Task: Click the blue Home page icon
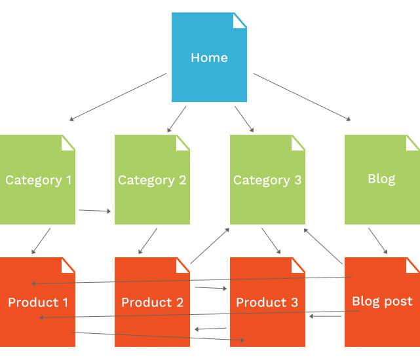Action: pyautogui.click(x=209, y=58)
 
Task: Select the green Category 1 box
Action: pyautogui.click(x=37, y=179)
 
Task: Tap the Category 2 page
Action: pyautogui.click(x=152, y=179)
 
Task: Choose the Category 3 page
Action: pyautogui.click(x=267, y=179)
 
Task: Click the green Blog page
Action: pyautogui.click(x=382, y=179)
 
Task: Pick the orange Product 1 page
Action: pyautogui.click(x=37, y=302)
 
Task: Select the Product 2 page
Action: pyautogui.click(x=152, y=302)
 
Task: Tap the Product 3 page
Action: pyautogui.click(x=267, y=302)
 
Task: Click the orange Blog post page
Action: pyautogui.click(x=382, y=302)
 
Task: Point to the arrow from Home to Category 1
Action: pyautogui.click(x=118, y=97)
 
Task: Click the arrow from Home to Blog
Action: pyautogui.click(x=302, y=97)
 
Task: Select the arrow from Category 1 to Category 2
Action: pyautogui.click(x=95, y=211)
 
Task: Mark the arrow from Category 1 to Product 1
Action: pyautogui.click(x=41, y=240)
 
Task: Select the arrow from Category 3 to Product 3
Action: pyautogui.click(x=271, y=240)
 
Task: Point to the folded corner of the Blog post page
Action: pyautogui.click(x=412, y=265)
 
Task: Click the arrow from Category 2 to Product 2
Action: pyautogui.click(x=147, y=240)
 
